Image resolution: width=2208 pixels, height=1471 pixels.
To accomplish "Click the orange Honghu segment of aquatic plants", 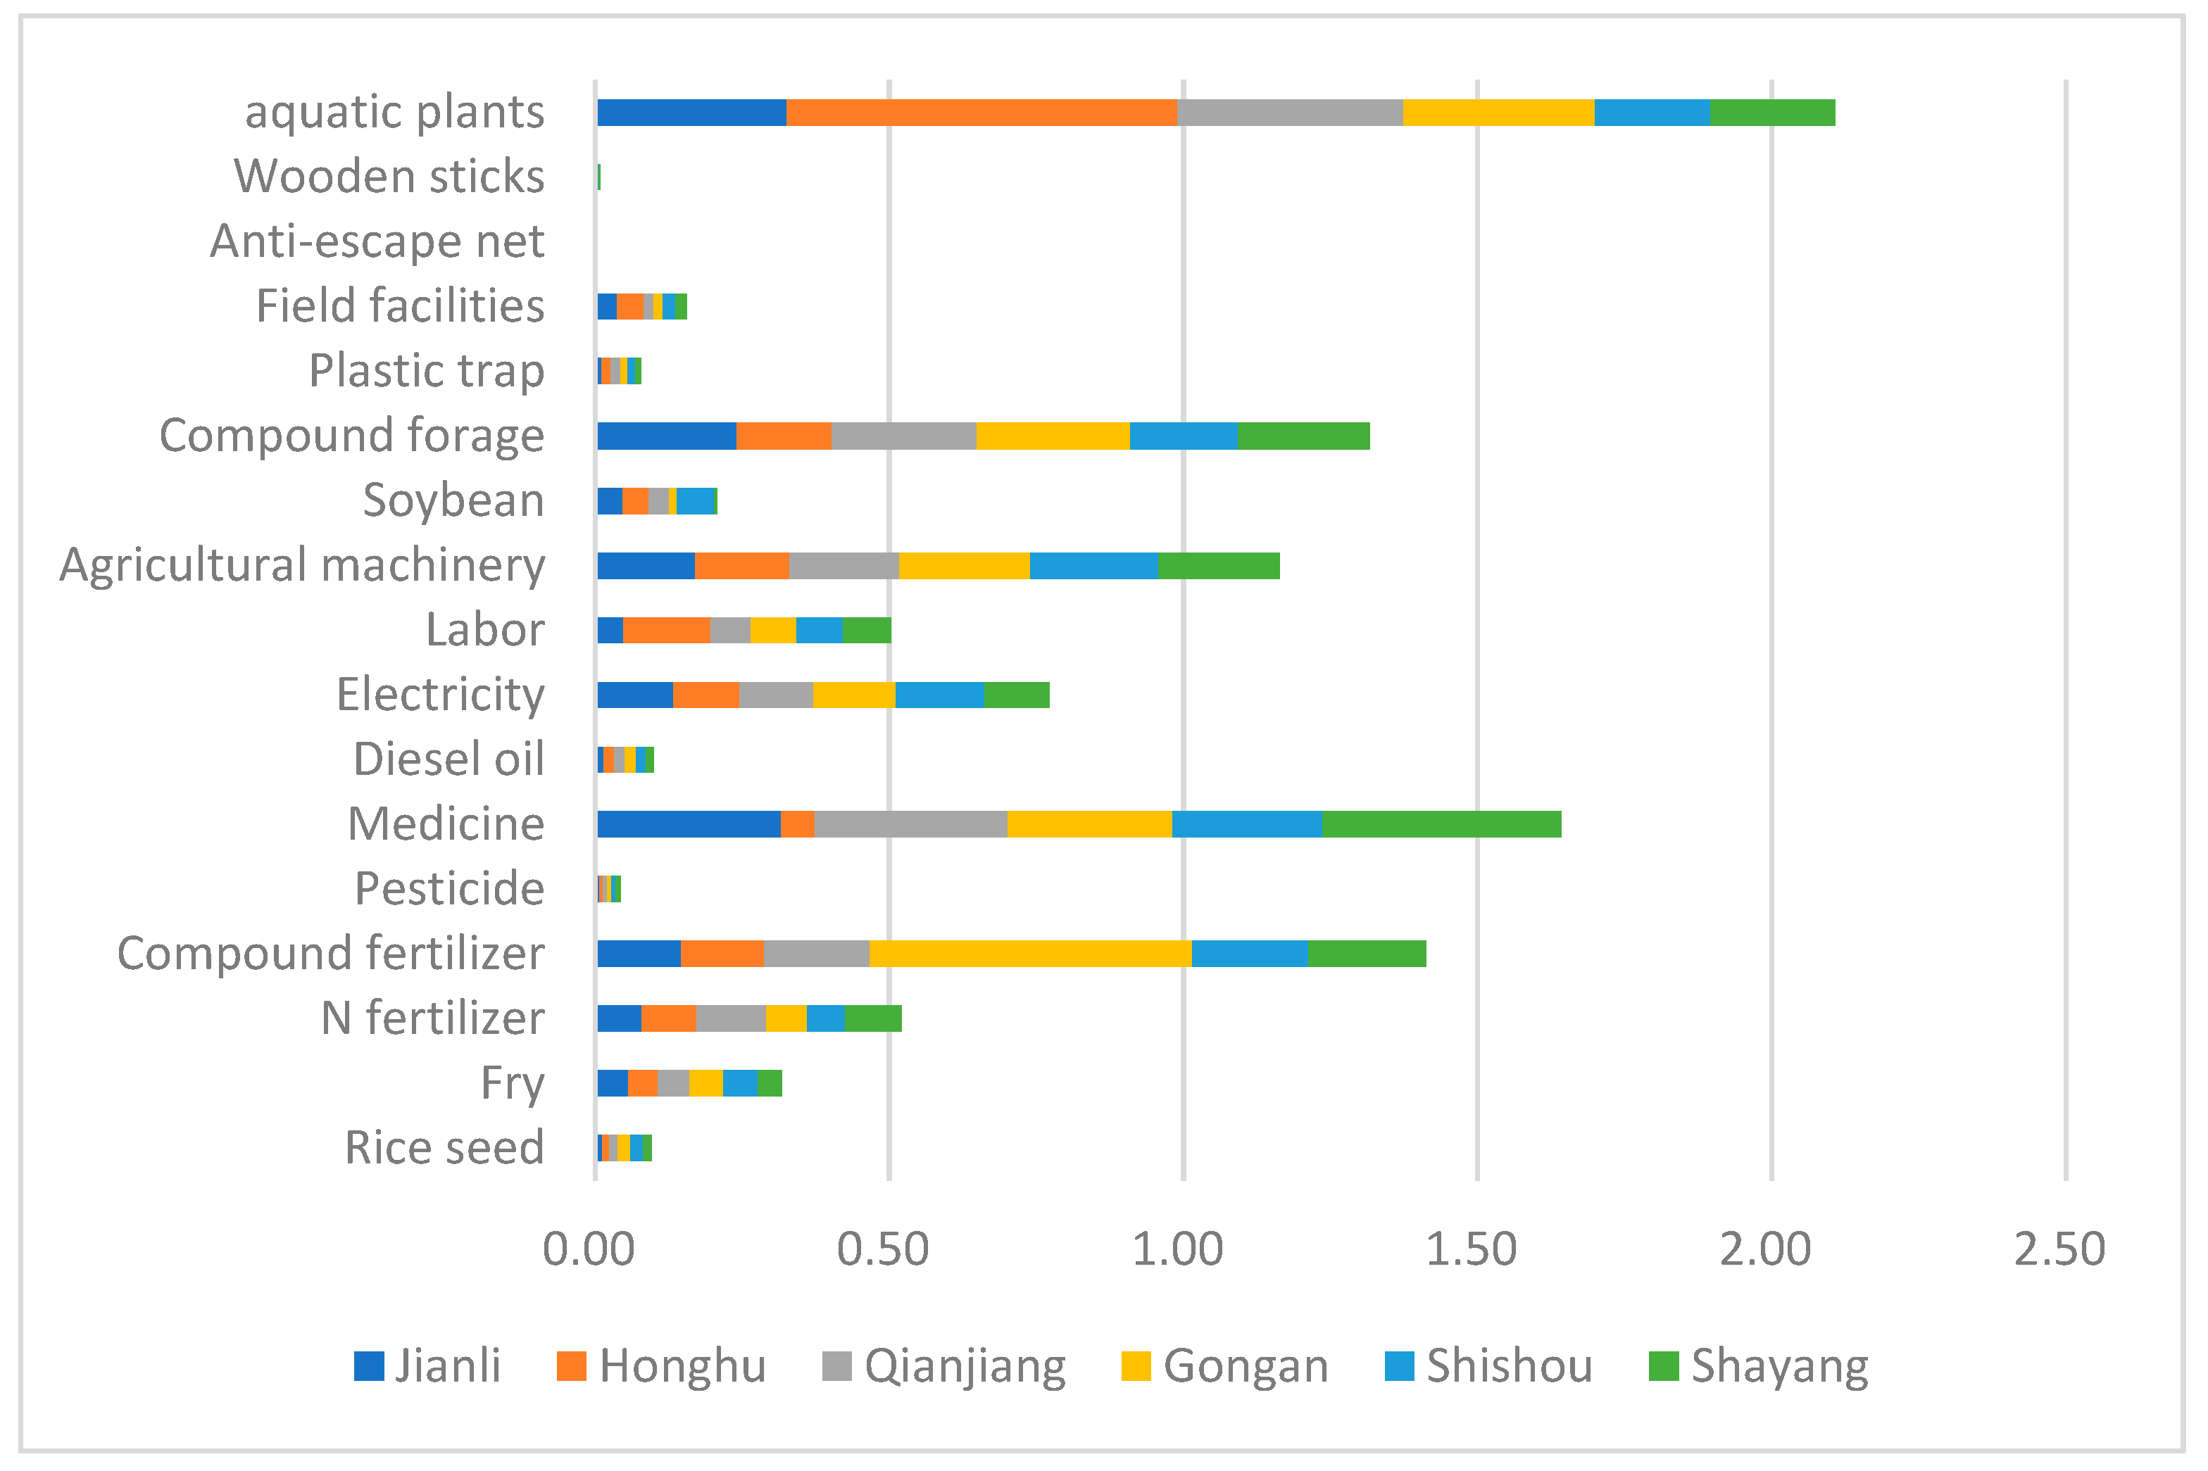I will click(x=981, y=113).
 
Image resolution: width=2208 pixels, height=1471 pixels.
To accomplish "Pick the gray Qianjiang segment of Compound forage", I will click(x=903, y=436).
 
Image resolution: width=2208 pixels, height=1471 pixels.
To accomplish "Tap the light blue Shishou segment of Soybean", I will click(x=696, y=501).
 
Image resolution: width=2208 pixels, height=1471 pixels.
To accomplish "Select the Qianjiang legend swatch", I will click(x=836, y=1366).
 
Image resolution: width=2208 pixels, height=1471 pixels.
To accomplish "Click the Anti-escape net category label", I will click(x=376, y=241).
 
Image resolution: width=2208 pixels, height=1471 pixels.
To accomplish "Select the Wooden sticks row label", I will click(x=389, y=177).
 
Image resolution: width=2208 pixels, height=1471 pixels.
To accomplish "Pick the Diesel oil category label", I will click(x=448, y=759).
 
